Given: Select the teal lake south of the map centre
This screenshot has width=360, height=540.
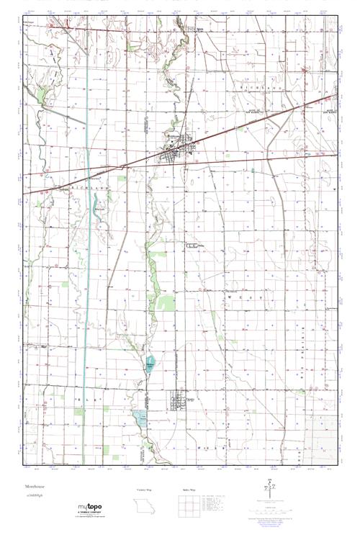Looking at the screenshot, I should pyautogui.click(x=150, y=364).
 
